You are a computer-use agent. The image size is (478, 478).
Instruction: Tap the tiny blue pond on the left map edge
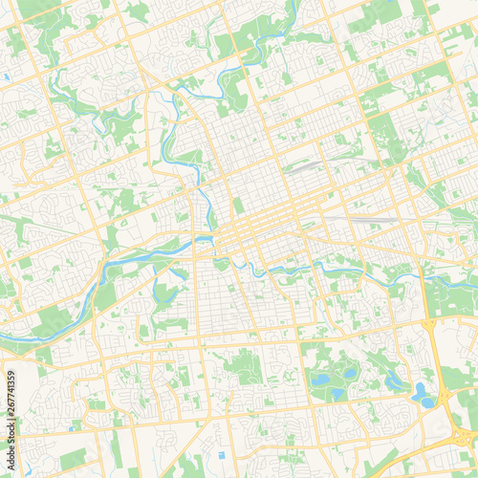tap(6, 76)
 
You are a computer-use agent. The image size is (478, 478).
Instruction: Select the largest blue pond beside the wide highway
tap(421, 391)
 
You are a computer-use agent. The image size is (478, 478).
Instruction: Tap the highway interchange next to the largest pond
tap(442, 394)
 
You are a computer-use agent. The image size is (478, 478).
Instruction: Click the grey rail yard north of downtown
tap(304, 164)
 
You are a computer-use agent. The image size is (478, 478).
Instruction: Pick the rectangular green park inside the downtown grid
tap(238, 205)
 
